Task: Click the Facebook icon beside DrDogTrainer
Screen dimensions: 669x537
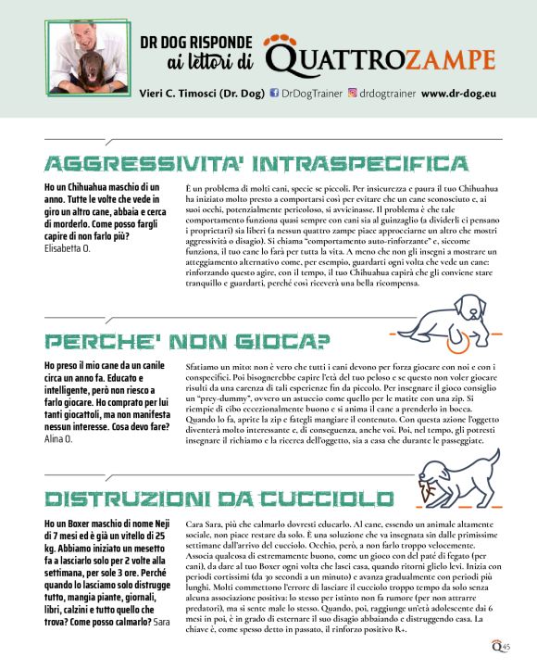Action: click(275, 94)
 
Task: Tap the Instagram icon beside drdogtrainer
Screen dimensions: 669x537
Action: click(352, 94)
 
